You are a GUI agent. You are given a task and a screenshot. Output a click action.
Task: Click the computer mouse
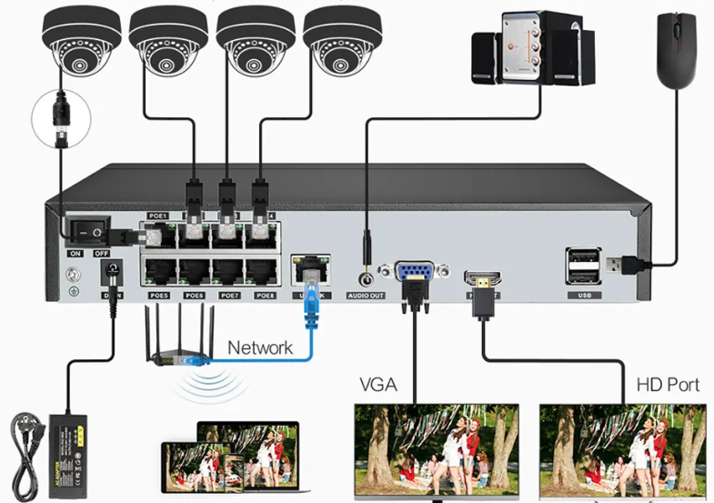[674, 53]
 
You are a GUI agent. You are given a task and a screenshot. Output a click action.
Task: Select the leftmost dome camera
[78, 40]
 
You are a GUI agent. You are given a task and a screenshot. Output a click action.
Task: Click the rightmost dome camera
[342, 40]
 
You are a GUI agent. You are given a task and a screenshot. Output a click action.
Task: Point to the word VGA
[378, 384]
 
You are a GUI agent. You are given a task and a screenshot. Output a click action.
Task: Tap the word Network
[260, 347]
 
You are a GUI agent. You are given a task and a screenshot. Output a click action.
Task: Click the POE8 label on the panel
[265, 295]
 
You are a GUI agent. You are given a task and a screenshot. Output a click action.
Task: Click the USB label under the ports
[583, 296]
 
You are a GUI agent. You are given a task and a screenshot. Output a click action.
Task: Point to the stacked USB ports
[583, 266]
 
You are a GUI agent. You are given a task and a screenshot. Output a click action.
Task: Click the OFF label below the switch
[102, 254]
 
